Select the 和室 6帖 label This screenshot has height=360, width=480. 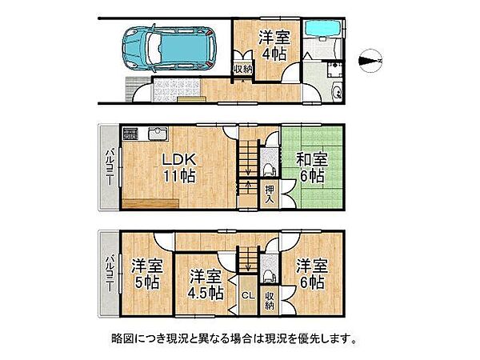[x=310, y=166]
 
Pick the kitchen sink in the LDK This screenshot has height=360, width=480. [x=158, y=134]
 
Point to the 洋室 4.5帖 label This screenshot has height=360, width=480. [x=205, y=284]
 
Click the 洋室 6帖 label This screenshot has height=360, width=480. [x=310, y=273]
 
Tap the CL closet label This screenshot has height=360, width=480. [x=248, y=295]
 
